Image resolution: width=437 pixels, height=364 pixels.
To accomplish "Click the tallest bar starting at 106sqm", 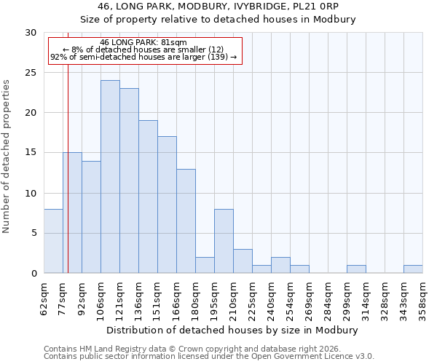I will coord(110,177).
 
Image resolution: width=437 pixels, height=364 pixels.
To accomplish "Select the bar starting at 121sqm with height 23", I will coord(129,181).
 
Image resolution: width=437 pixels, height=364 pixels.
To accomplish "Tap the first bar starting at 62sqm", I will coord(53,241).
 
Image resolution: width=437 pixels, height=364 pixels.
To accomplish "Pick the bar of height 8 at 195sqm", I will coord(224,241).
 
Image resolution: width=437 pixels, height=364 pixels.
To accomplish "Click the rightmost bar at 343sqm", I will coord(413,269).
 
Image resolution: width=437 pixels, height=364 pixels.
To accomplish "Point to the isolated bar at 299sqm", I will coord(356,269).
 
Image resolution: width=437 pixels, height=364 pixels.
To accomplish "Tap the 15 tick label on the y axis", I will coord(31,153).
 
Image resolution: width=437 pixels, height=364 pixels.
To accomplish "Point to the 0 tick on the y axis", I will coord(34,274).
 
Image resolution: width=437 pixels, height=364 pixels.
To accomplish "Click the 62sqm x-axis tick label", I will coord(44,298).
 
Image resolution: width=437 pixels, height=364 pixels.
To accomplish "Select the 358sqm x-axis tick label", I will coord(423,298).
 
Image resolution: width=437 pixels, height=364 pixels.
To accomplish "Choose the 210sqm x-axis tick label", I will coord(234,298).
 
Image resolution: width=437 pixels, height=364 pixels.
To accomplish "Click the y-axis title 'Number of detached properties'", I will coord(7,157).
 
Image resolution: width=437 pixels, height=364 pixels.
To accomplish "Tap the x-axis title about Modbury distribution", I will coord(233,330).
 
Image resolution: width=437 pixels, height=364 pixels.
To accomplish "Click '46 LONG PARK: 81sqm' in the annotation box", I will coord(143,42).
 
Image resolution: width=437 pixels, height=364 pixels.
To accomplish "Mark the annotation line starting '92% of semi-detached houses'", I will coord(143,57).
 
